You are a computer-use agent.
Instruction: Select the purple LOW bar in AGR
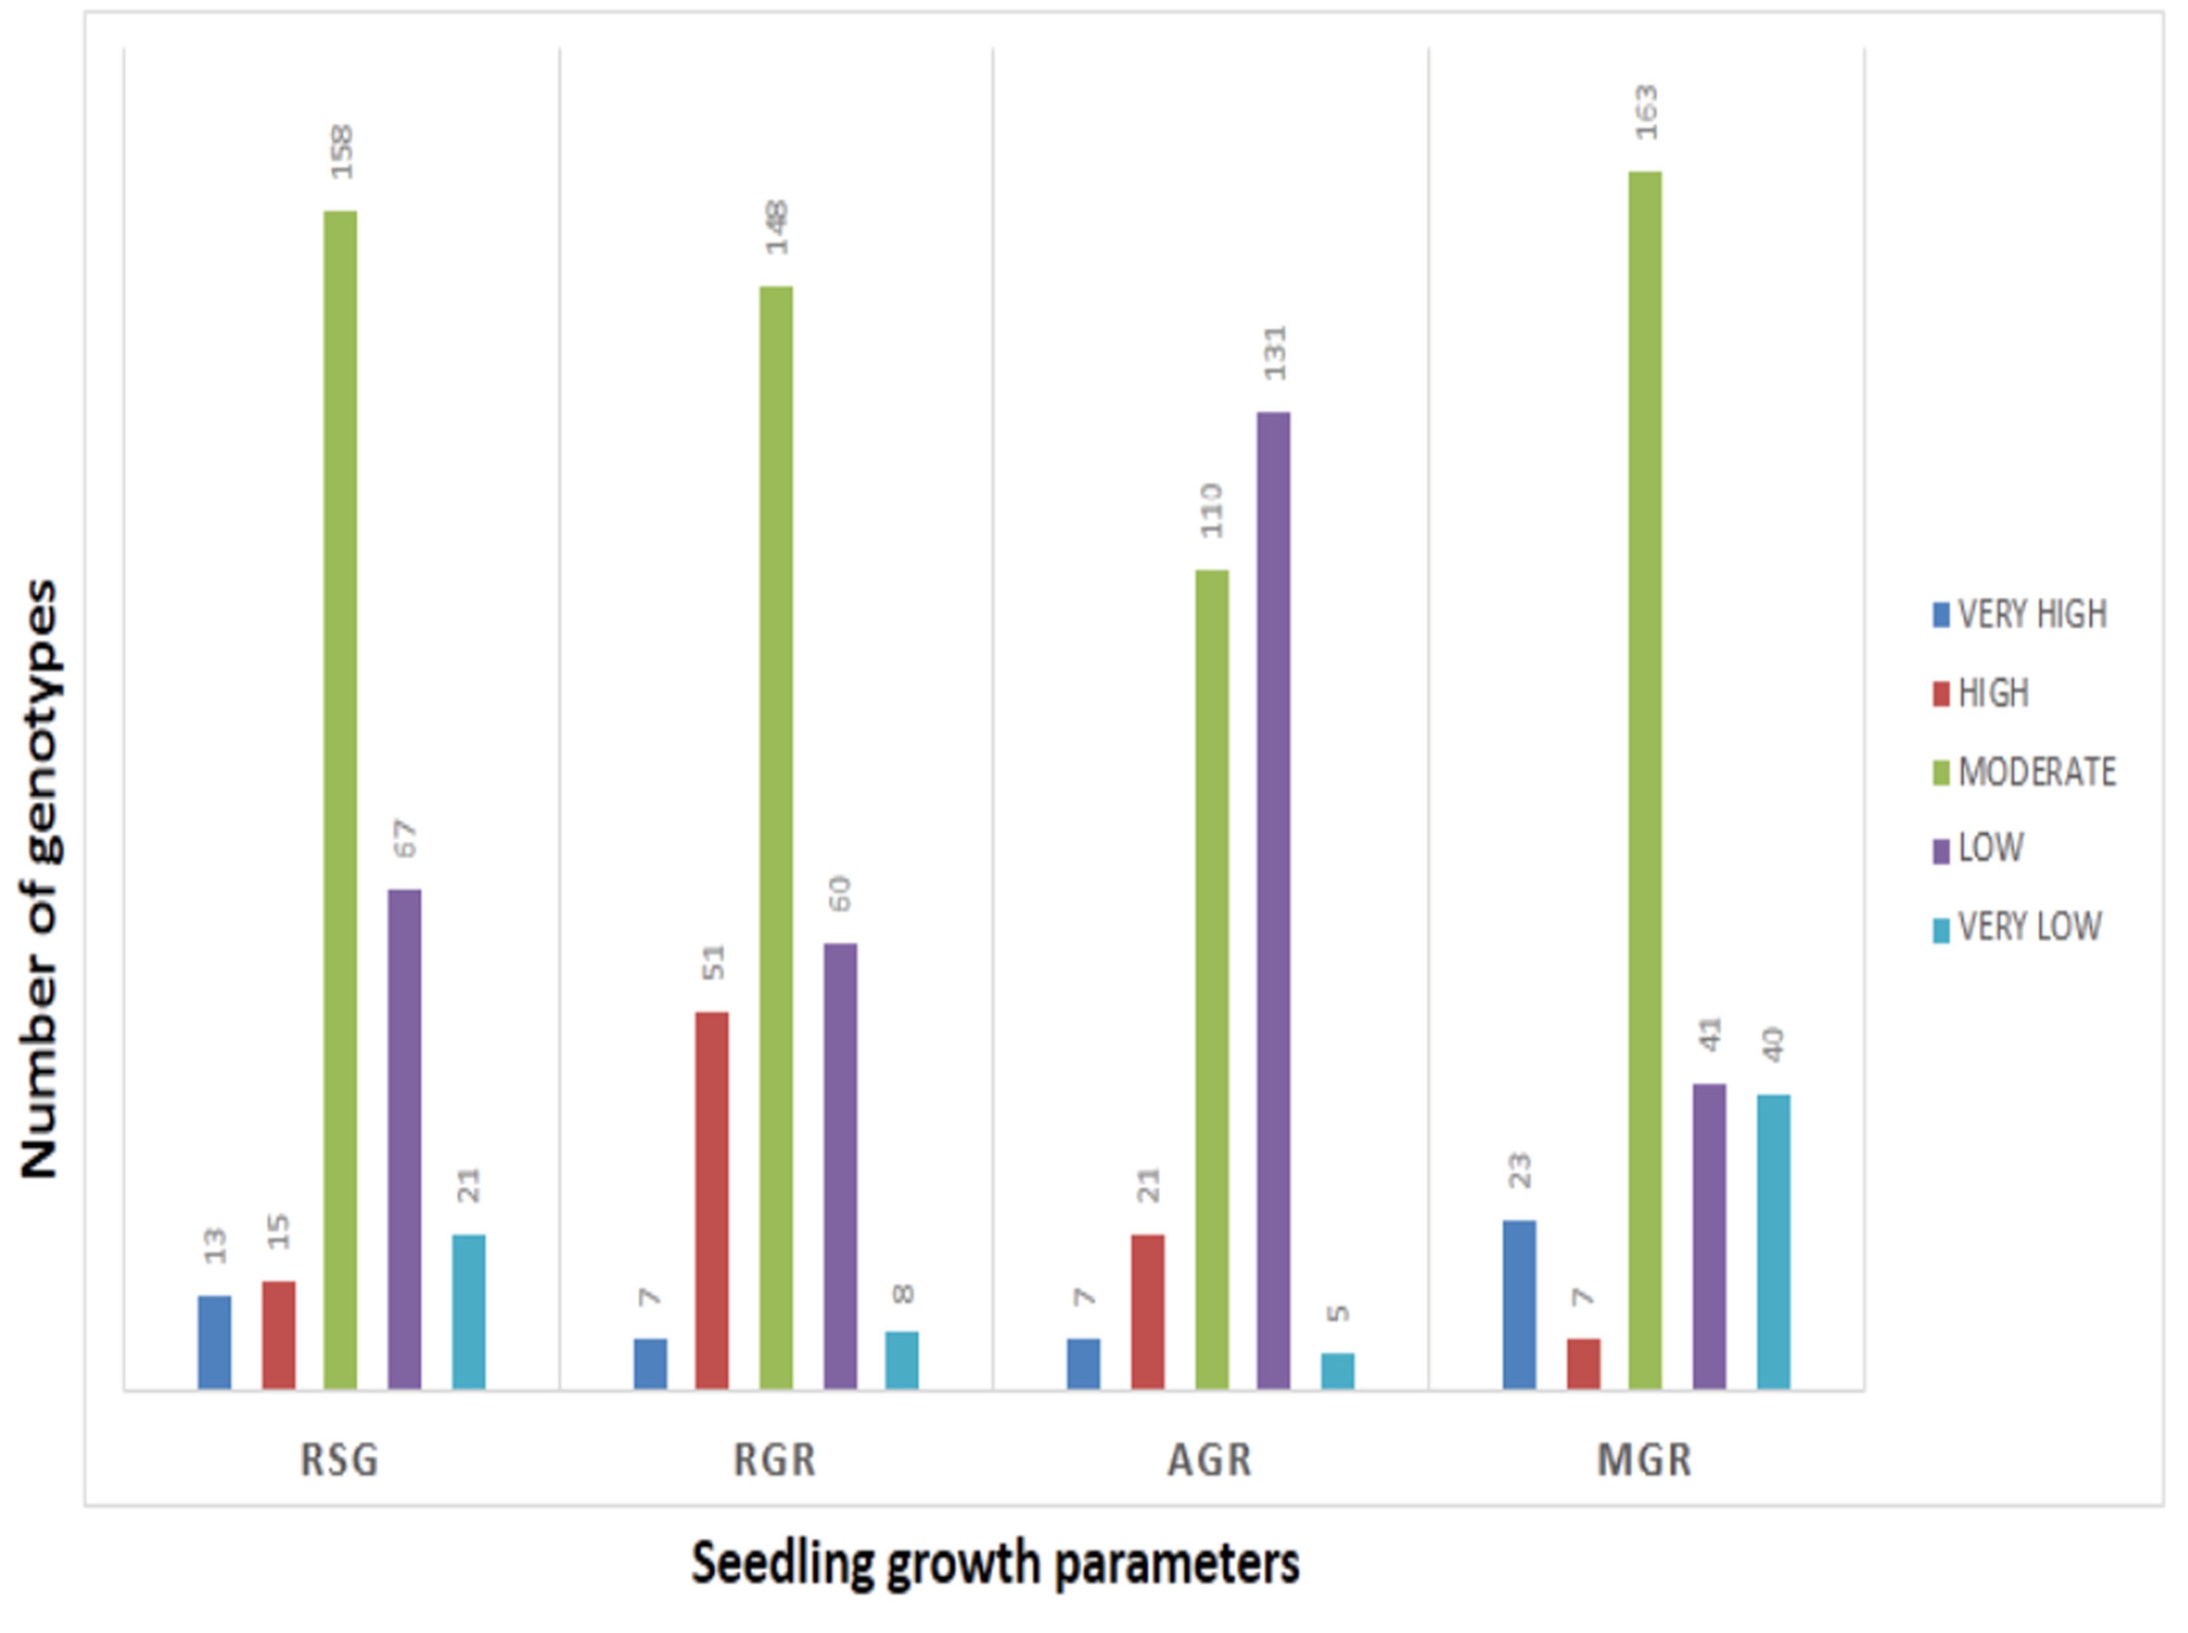click(x=1273, y=900)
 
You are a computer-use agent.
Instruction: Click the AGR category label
click(x=1209, y=1460)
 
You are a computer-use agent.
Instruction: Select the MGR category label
click(x=1644, y=1460)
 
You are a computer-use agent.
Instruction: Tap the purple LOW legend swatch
click(x=1941, y=850)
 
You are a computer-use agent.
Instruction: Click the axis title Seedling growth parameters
click(x=994, y=1564)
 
